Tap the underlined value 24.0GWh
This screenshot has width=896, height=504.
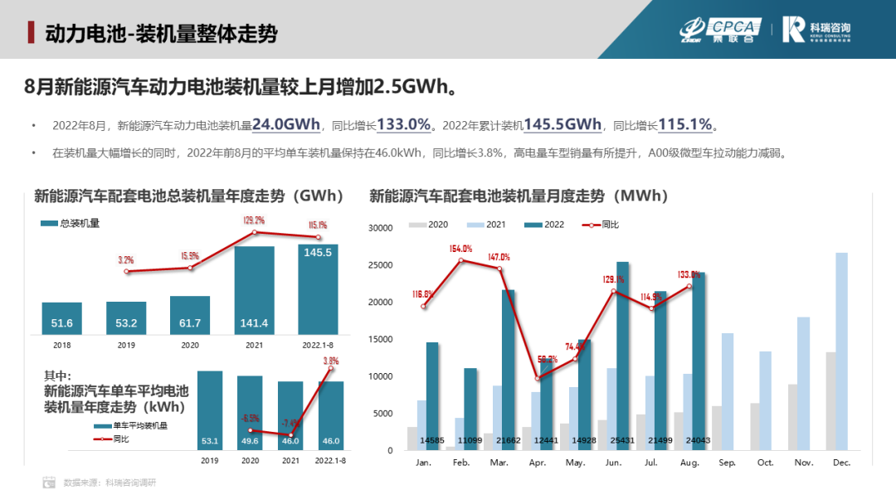pos(286,124)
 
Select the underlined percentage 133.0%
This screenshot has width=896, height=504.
pos(404,124)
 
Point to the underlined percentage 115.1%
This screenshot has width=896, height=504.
pos(685,124)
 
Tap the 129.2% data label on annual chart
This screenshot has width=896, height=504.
pos(253,220)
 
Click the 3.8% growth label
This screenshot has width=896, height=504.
pos(331,361)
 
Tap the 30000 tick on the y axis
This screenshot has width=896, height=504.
pos(380,228)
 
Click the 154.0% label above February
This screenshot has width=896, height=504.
pos(460,248)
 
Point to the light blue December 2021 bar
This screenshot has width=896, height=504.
pos(841,351)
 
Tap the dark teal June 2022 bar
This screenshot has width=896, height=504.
pos(622,356)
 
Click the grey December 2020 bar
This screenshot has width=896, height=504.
pos(830,401)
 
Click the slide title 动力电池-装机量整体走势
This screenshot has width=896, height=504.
pos(161,33)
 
